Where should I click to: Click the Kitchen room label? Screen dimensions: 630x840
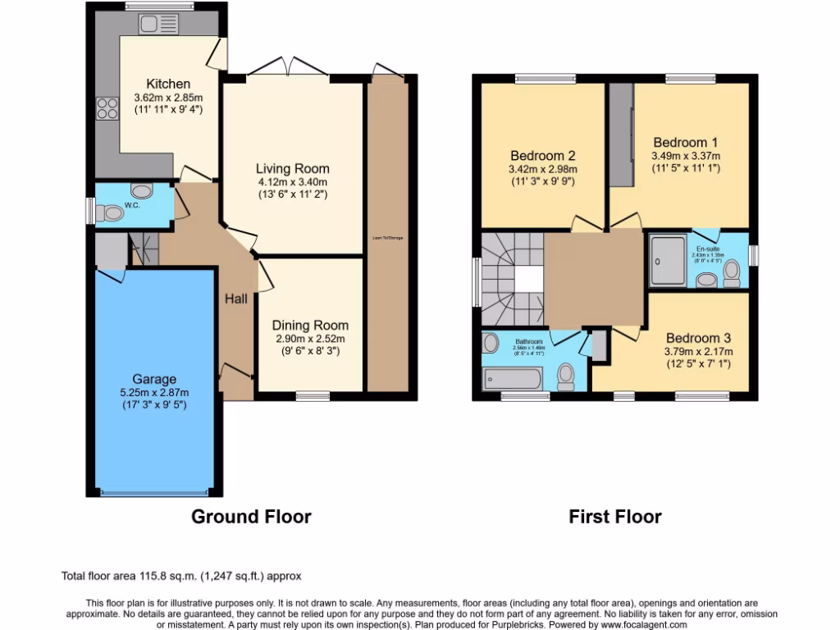(168, 84)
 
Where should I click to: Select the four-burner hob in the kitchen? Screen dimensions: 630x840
(107, 108)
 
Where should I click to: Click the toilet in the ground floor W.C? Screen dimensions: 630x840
(108, 213)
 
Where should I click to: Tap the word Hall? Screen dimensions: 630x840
(236, 299)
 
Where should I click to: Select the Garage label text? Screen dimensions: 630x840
(155, 379)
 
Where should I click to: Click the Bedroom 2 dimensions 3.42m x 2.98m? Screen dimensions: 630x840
(543, 170)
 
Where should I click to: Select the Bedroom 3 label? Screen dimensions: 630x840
(698, 337)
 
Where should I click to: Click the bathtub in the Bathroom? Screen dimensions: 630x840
(513, 378)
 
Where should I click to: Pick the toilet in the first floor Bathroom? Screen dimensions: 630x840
(566, 376)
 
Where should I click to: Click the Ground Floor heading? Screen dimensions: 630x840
(251, 517)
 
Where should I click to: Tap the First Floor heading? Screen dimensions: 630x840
(615, 517)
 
